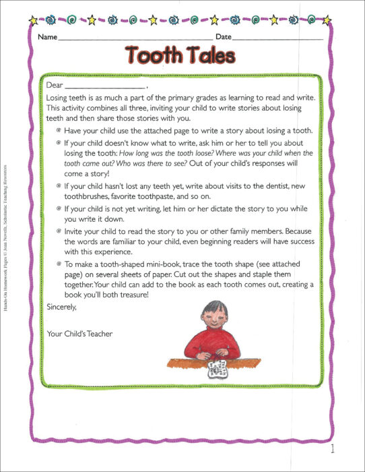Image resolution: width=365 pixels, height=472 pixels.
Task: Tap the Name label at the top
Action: [x=48, y=36]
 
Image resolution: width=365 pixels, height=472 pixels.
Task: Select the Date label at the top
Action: [x=224, y=36]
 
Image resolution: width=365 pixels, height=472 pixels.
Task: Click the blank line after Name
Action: [x=135, y=39]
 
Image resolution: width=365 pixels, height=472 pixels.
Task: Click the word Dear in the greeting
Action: [x=55, y=86]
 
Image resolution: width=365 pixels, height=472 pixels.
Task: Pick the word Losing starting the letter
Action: [x=59, y=98]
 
